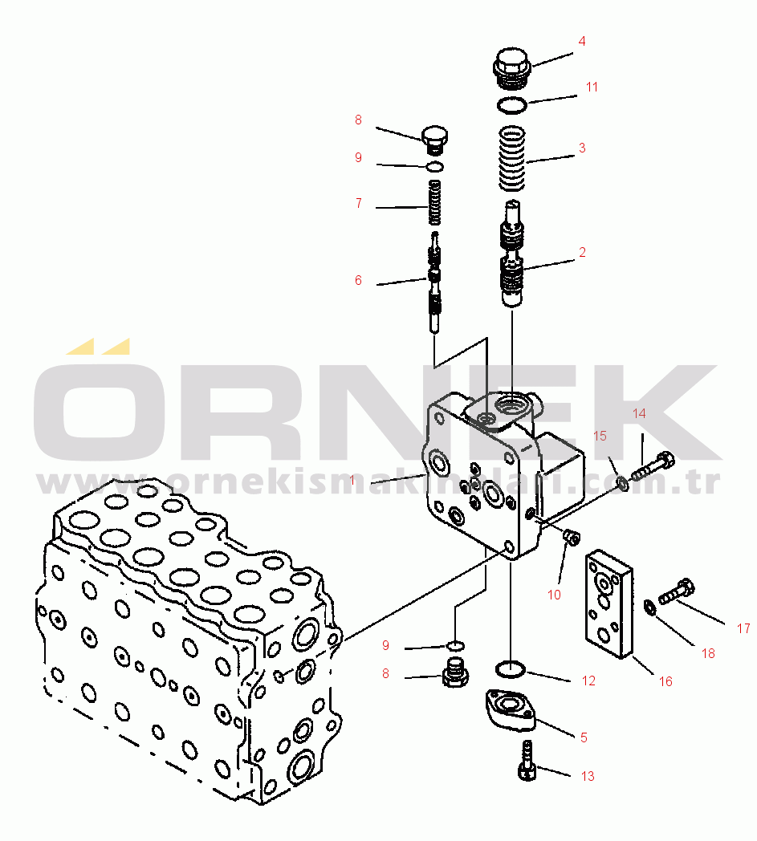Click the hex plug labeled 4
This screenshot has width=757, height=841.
[x=511, y=69]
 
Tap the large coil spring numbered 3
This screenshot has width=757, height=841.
[x=512, y=159]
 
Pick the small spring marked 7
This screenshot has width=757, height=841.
[x=435, y=203]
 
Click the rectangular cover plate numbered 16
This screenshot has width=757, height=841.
[x=609, y=603]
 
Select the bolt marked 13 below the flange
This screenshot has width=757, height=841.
[x=527, y=761]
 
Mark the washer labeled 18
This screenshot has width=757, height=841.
[x=649, y=607]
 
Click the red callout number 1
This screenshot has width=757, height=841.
[x=352, y=480]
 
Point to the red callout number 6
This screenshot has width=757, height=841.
[x=358, y=280]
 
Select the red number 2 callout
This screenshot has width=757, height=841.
[x=582, y=252]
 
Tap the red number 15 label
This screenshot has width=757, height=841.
[x=600, y=436]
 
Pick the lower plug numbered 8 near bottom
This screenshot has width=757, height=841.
[x=455, y=673]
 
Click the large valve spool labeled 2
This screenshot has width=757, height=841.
[x=512, y=254]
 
